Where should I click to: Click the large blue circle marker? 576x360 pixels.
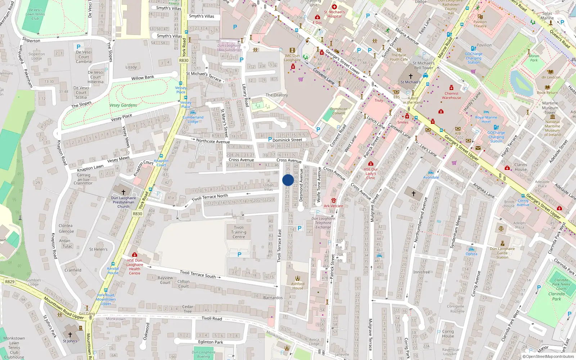point(288,180)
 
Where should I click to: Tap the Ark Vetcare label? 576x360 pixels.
point(333,206)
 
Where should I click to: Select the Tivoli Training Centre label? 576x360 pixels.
point(239,232)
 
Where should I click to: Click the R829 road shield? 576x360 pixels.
point(10,282)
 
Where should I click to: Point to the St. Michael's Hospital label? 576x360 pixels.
point(334,14)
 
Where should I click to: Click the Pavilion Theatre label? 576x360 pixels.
point(480,24)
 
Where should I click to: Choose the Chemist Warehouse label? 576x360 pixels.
point(451,95)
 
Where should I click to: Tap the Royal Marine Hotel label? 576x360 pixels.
point(486,120)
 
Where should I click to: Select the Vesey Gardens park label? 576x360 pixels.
point(123,105)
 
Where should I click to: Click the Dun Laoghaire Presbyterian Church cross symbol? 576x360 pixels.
point(123,192)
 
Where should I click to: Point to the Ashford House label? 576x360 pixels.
point(298,286)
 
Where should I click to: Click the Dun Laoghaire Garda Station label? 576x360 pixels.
point(502,253)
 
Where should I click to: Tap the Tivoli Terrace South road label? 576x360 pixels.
point(198,274)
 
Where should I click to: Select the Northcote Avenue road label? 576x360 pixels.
point(213,141)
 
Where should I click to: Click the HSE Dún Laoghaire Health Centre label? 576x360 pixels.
point(135,267)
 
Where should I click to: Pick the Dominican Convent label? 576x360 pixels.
point(338,111)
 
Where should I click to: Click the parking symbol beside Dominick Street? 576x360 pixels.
point(270,139)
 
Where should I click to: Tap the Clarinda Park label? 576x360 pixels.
point(557,296)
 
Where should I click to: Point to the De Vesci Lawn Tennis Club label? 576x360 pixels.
point(35,14)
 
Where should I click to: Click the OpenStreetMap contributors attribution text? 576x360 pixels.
point(548,356)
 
